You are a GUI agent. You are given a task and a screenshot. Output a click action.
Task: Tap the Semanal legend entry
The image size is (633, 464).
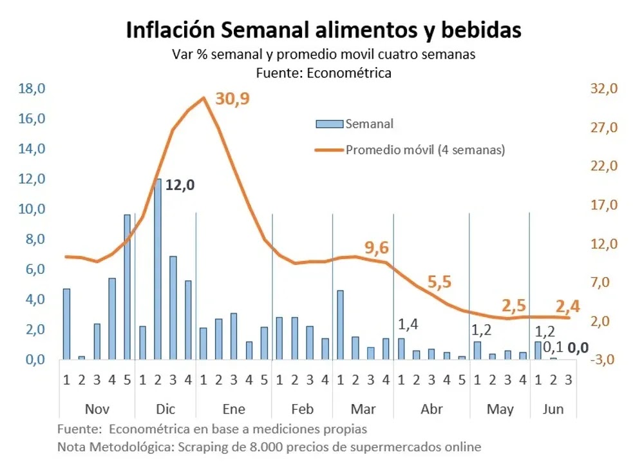(x=369, y=124)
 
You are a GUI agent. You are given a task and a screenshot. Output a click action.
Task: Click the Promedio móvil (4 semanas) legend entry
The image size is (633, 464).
(x=425, y=150)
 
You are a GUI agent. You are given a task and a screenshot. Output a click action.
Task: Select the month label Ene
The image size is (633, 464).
(x=233, y=409)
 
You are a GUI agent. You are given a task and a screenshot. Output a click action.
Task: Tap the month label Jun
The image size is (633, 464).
(x=553, y=409)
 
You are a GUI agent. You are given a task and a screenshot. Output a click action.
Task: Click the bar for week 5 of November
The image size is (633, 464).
(x=127, y=287)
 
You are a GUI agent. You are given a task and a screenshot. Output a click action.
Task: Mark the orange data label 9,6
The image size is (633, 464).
(x=377, y=247)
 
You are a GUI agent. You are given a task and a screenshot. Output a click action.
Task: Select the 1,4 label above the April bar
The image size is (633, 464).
(x=409, y=324)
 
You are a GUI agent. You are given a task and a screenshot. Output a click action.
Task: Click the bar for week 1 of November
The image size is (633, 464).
(x=66, y=324)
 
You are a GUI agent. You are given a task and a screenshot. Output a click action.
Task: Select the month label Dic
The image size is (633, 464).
(x=165, y=409)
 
